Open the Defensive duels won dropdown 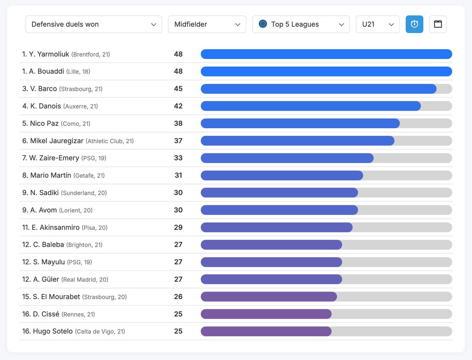(93, 24)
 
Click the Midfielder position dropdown (206, 24)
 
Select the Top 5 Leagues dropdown (301, 24)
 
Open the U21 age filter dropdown (377, 24)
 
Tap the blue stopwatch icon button (414, 24)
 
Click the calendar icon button (438, 24)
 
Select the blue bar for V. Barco (318, 89)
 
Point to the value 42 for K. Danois (178, 106)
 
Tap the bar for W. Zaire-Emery (287, 158)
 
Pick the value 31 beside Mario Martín (178, 175)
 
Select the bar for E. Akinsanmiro (276, 227)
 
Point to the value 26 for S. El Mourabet (178, 297)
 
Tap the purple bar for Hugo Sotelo (266, 331)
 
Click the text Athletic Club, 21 (110, 141)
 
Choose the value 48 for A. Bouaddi (178, 72)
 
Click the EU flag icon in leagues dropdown (263, 24)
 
